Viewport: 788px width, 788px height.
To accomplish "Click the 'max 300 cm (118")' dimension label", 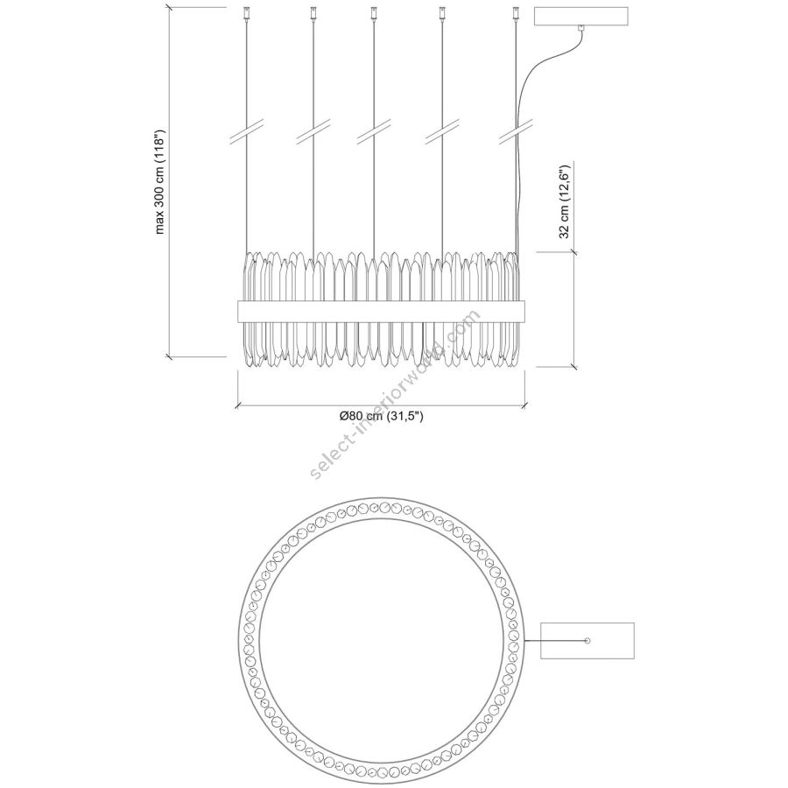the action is [x=160, y=182].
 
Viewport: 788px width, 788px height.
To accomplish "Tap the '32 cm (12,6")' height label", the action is [x=565, y=201].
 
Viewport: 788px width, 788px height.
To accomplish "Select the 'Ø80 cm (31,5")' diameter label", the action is [x=381, y=416].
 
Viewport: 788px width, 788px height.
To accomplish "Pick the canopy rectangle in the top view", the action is [x=587, y=641].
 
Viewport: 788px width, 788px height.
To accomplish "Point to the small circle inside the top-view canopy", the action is [x=587, y=641].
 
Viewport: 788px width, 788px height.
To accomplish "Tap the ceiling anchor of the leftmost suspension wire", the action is [x=246, y=13].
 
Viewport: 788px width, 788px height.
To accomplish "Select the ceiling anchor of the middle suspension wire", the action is [x=373, y=13].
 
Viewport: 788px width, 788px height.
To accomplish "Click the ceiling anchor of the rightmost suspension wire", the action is [x=515, y=13].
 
